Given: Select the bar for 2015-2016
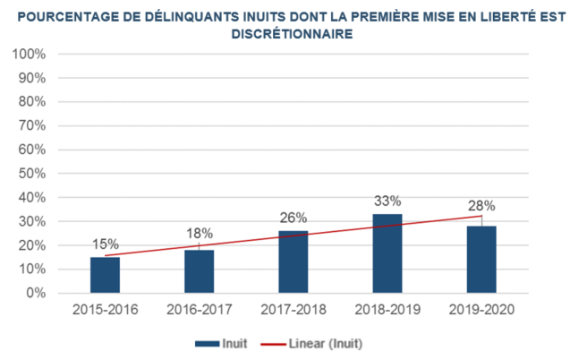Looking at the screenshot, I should (105, 275).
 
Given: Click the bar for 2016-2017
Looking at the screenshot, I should (199, 271).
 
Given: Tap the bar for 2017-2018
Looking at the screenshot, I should (293, 261).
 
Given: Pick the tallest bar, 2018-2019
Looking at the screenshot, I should (387, 253).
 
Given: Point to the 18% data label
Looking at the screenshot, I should (199, 235).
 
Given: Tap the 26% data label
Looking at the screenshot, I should (293, 217).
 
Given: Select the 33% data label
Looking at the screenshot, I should (387, 200).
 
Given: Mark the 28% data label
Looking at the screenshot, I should (481, 205).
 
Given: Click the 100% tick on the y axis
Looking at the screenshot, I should (30, 54).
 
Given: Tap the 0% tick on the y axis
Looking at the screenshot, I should (36, 293).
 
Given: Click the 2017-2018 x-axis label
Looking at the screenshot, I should (293, 309).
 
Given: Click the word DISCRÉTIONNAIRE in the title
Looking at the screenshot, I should (293, 33).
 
